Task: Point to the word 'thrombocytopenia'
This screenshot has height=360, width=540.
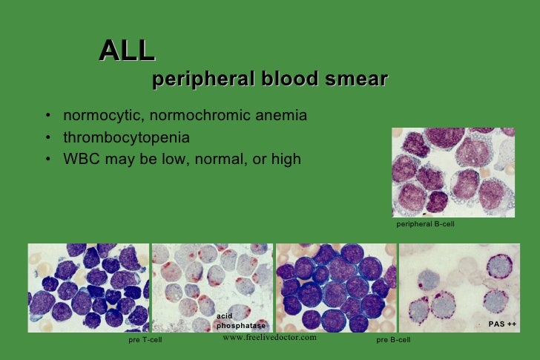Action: coord(126,138)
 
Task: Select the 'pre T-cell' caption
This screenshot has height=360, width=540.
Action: coord(143,340)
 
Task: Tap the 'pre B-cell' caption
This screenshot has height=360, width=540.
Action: coord(393,340)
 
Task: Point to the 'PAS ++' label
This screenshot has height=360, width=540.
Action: coord(501,324)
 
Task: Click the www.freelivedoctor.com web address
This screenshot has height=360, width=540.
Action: coord(269,338)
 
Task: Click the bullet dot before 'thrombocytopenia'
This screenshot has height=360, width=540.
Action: coord(47,139)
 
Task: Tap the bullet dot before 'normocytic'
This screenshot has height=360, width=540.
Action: coord(47,118)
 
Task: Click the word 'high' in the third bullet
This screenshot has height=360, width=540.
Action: coord(286,159)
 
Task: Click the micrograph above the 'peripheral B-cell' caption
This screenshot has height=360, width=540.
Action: coord(452,172)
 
